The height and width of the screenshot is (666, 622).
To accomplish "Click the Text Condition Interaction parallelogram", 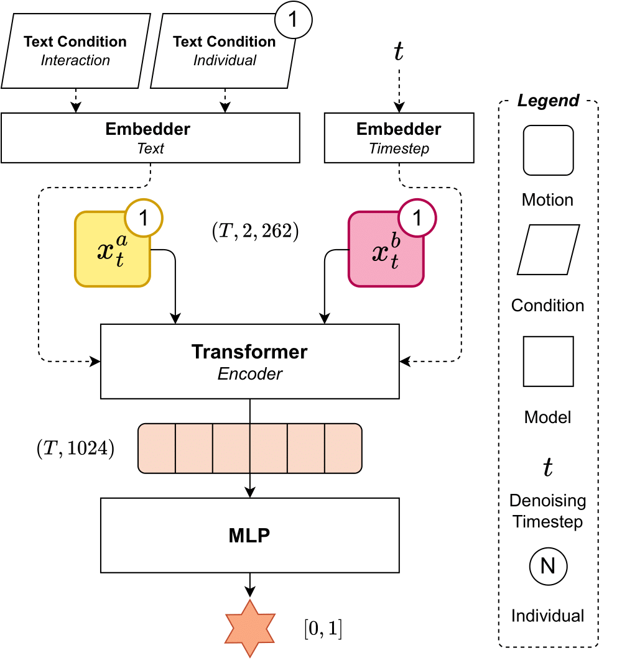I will [x=75, y=51].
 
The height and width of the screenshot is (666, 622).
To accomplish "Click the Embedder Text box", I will [x=150, y=138].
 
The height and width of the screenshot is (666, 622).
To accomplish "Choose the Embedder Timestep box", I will [x=399, y=138].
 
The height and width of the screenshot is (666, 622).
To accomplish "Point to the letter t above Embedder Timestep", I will [x=399, y=53].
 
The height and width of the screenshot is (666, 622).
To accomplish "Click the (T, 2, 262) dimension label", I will [x=256, y=232].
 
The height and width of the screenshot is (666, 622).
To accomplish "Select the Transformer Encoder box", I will [x=249, y=361].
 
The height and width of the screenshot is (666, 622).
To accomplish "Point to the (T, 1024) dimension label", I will [x=75, y=449].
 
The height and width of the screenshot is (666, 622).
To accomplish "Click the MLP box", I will [x=249, y=535].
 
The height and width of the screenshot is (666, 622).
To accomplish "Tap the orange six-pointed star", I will [x=249, y=628].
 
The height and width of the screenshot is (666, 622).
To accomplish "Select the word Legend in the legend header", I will [x=548, y=100].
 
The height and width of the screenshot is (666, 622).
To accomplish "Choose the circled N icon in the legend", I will [x=548, y=566].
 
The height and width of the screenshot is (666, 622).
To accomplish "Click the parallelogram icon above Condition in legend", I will [x=548, y=250].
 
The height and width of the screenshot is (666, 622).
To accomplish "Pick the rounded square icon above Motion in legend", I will [x=548, y=150].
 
